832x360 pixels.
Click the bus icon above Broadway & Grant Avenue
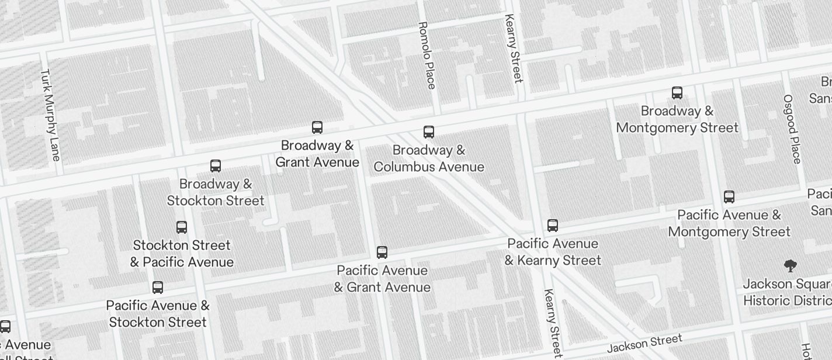pyautogui.click(x=317, y=127)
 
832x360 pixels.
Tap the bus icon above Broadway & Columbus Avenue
pyautogui.click(x=429, y=132)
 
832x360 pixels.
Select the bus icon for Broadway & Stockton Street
pyautogui.click(x=216, y=166)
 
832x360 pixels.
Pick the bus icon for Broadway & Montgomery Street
pyautogui.click(x=677, y=93)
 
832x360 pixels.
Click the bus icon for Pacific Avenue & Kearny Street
pyautogui.click(x=553, y=226)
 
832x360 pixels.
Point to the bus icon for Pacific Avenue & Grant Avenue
pyautogui.click(x=382, y=252)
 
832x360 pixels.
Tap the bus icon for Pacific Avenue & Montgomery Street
pyautogui.click(x=729, y=197)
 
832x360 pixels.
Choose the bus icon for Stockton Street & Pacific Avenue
pyautogui.click(x=182, y=227)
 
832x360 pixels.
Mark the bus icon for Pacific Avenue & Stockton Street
pyautogui.click(x=158, y=288)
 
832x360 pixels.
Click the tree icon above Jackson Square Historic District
pyautogui.click(x=791, y=266)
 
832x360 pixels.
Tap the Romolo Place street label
pyautogui.click(x=427, y=56)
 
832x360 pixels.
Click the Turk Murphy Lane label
pyautogui.click(x=50, y=115)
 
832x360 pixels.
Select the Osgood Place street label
pyautogui.click(x=792, y=129)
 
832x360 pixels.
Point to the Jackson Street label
pyautogui.click(x=644, y=343)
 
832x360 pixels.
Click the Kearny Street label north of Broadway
pyautogui.click(x=513, y=49)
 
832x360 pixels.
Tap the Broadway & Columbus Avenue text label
pyautogui.click(x=429, y=158)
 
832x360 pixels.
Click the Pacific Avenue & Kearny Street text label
pyautogui.click(x=553, y=252)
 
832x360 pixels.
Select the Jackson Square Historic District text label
pyautogui.click(x=788, y=292)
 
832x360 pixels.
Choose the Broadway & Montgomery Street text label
pyautogui.click(x=677, y=119)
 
